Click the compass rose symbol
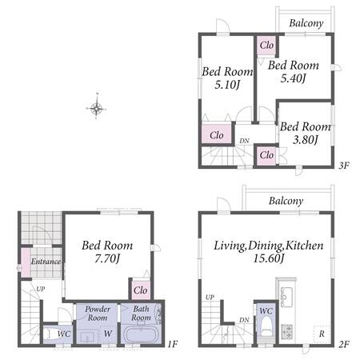[96, 108]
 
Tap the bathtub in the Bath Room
[141, 334]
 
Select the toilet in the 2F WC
[266, 327]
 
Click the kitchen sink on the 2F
[286, 294]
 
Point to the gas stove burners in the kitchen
[286, 331]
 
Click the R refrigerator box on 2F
[322, 334]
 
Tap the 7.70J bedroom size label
[107, 258]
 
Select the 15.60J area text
[269, 258]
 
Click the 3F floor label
[344, 166]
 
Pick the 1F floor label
[172, 344]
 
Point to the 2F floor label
[344, 344]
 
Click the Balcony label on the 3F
[306, 23]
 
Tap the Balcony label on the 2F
[286, 201]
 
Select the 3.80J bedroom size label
[306, 139]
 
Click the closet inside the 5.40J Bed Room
[266, 45]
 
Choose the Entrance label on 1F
[46, 262]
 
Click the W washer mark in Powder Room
[108, 334]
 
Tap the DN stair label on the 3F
[244, 141]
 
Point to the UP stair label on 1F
[41, 289]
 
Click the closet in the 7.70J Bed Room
[141, 290]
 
